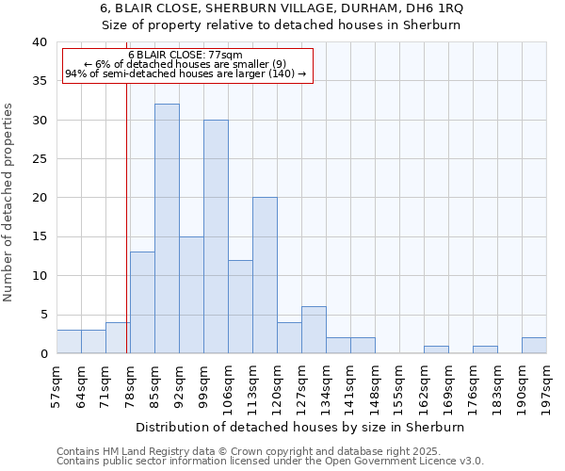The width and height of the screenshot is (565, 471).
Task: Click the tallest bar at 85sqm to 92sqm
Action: pos(167,229)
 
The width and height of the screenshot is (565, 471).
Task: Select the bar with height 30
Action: pos(216,236)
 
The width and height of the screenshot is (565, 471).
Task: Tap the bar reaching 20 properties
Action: pos(265,275)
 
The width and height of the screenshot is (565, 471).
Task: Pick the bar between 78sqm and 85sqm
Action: pos(142,302)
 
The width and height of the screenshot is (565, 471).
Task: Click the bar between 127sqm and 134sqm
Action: pos(314,330)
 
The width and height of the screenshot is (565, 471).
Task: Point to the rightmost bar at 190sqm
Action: pos(534,345)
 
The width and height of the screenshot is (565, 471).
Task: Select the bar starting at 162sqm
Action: pos(436,349)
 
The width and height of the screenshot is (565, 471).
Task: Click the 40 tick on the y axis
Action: pos(39,42)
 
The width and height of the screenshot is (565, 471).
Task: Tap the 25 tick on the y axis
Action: pos(39,159)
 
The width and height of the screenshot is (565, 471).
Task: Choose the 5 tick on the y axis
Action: pos(42,315)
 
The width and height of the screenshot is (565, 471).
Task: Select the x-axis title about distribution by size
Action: pos(300,427)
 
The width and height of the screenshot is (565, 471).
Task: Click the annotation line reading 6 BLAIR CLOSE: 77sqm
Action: pos(186,55)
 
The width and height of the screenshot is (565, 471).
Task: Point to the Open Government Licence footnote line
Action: pos(269,462)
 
